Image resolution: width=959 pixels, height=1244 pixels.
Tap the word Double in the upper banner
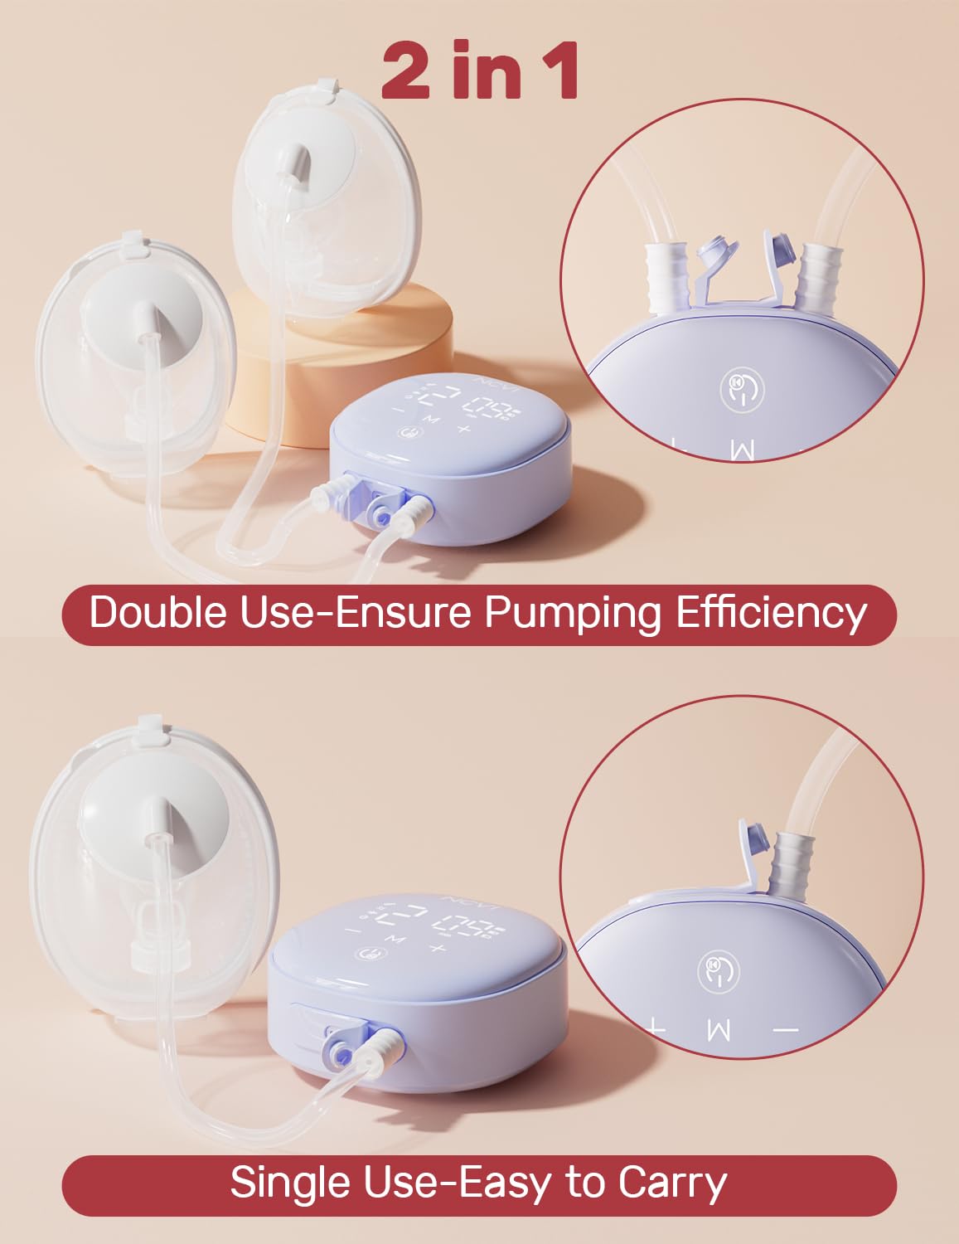click(x=157, y=613)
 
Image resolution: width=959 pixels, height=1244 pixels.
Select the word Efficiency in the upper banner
click(x=772, y=613)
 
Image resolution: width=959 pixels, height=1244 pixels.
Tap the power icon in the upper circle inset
click(x=741, y=391)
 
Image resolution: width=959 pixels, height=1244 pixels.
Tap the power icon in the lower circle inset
click(x=718, y=972)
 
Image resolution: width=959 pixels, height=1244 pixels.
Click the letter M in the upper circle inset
click(x=743, y=450)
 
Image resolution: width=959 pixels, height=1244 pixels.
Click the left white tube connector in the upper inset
click(x=668, y=273)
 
